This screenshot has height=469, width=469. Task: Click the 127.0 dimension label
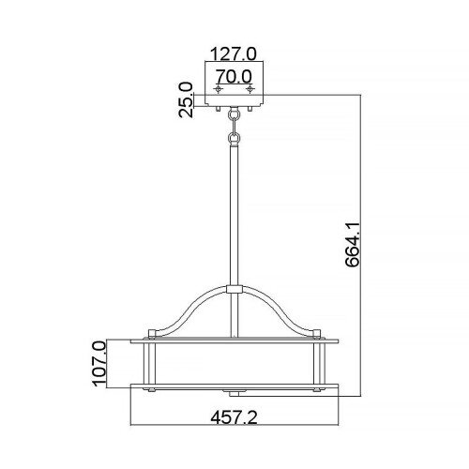click(x=234, y=54)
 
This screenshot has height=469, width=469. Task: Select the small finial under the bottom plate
click(x=234, y=388)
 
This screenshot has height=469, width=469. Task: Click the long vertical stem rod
click(x=234, y=216)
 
